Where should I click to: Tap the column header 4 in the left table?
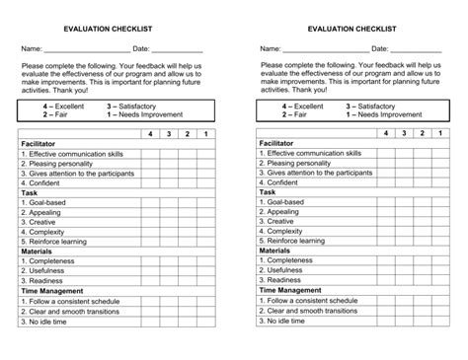[150, 133]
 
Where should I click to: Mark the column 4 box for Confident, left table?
[150, 182]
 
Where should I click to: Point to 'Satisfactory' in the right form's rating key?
[380, 106]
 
